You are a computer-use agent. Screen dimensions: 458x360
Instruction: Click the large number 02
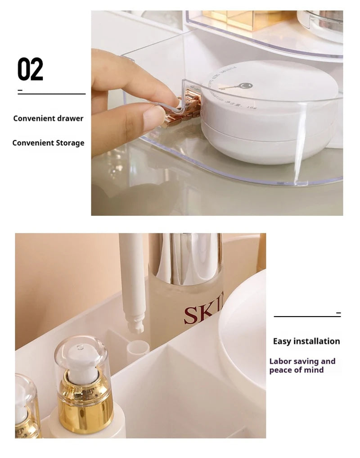[30, 69]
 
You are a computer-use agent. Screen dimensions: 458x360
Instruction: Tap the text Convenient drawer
[48, 118]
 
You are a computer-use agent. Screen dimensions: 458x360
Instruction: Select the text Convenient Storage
[48, 143]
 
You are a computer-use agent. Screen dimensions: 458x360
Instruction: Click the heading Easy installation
[306, 341]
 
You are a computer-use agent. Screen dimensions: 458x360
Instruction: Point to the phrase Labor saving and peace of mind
[302, 366]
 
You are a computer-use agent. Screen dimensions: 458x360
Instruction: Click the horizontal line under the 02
[51, 94]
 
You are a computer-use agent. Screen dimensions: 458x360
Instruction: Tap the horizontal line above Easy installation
[307, 316]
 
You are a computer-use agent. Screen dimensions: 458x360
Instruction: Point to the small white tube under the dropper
[138, 349]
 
